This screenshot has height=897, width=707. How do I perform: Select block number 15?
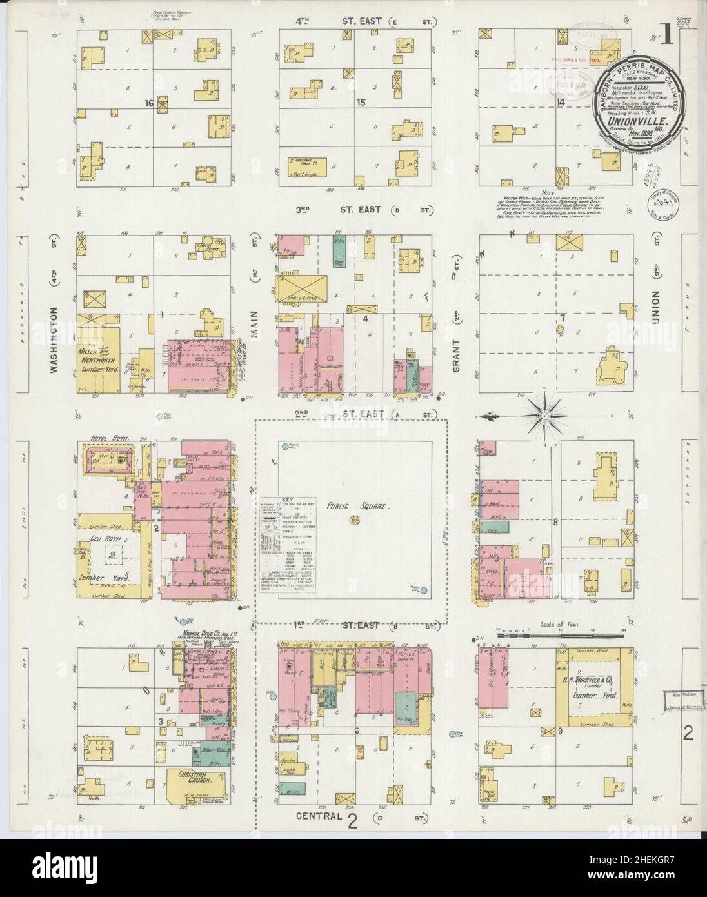(361, 103)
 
